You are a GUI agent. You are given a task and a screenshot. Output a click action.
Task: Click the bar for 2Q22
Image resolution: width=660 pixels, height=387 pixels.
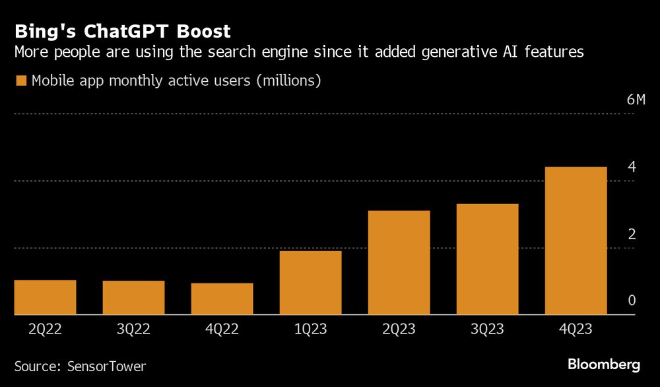(45, 297)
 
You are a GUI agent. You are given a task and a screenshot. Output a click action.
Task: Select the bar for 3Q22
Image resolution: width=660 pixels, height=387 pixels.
(133, 298)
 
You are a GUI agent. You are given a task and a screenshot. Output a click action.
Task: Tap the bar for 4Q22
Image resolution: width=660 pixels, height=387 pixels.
(222, 299)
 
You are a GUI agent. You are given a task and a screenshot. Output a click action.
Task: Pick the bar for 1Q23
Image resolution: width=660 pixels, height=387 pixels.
(310, 283)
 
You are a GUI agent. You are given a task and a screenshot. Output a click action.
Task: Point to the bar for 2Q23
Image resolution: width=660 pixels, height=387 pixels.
(399, 262)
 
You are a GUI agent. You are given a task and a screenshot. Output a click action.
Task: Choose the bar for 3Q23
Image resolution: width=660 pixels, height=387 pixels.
(487, 259)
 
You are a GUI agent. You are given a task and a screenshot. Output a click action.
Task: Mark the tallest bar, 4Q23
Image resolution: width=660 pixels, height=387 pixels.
(576, 240)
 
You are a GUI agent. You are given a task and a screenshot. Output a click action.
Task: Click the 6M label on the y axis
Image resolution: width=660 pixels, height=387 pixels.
(636, 100)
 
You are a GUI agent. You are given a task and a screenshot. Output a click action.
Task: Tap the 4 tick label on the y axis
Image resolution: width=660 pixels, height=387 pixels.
(632, 167)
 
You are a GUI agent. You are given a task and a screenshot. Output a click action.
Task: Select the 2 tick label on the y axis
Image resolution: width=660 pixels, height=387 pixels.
(632, 234)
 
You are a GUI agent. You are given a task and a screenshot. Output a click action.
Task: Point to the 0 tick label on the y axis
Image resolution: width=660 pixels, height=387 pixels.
(632, 301)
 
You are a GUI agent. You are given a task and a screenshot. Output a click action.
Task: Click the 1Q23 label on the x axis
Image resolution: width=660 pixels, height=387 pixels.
(310, 330)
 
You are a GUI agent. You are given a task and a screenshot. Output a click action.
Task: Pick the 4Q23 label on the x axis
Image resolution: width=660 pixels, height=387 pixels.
(576, 330)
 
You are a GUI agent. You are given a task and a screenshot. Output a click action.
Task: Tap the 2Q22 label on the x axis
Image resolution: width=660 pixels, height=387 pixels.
(45, 330)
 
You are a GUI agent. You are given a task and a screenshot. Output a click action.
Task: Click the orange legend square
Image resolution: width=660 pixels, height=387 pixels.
(21, 81)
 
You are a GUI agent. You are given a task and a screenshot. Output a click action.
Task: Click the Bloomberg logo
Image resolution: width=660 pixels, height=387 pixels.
(603, 364)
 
